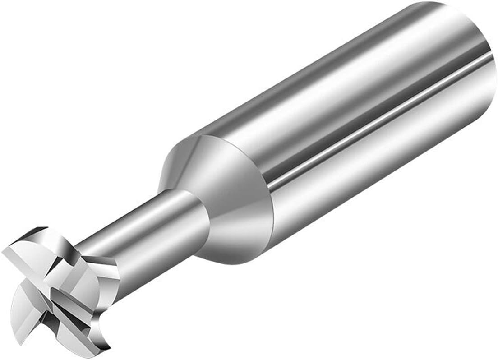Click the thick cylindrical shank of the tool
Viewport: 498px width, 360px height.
click(343, 126)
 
